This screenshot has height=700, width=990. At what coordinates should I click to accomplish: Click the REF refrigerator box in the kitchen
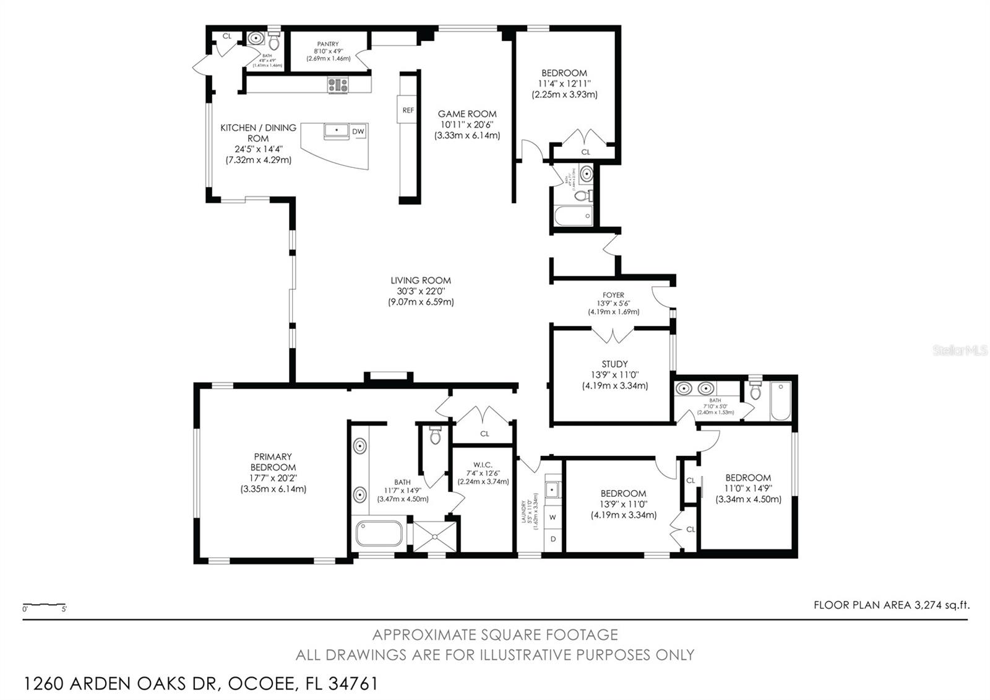pos(408,110)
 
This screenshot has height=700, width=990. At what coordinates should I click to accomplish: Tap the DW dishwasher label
pos(358,131)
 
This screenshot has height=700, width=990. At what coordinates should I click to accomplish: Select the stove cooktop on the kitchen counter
pos(338,85)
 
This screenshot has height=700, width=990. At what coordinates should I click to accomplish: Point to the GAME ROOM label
pos(467,114)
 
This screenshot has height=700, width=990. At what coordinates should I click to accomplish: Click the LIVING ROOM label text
pos(421,281)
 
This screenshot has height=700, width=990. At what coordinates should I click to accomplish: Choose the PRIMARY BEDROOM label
pos(273,462)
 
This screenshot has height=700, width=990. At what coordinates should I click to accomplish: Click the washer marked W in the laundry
pos(553,517)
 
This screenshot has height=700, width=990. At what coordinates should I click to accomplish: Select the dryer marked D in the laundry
pos(553,539)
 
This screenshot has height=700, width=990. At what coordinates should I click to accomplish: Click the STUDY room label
pos(614,364)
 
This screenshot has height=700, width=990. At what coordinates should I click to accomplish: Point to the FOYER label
pos(613,295)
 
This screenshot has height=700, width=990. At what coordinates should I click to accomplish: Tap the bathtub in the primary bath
pos(378,534)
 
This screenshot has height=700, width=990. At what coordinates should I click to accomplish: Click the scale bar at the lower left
pos(45,605)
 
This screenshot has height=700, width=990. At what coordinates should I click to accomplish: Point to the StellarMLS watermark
pos(960,351)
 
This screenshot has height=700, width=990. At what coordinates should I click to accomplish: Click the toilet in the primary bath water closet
pos(434,436)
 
